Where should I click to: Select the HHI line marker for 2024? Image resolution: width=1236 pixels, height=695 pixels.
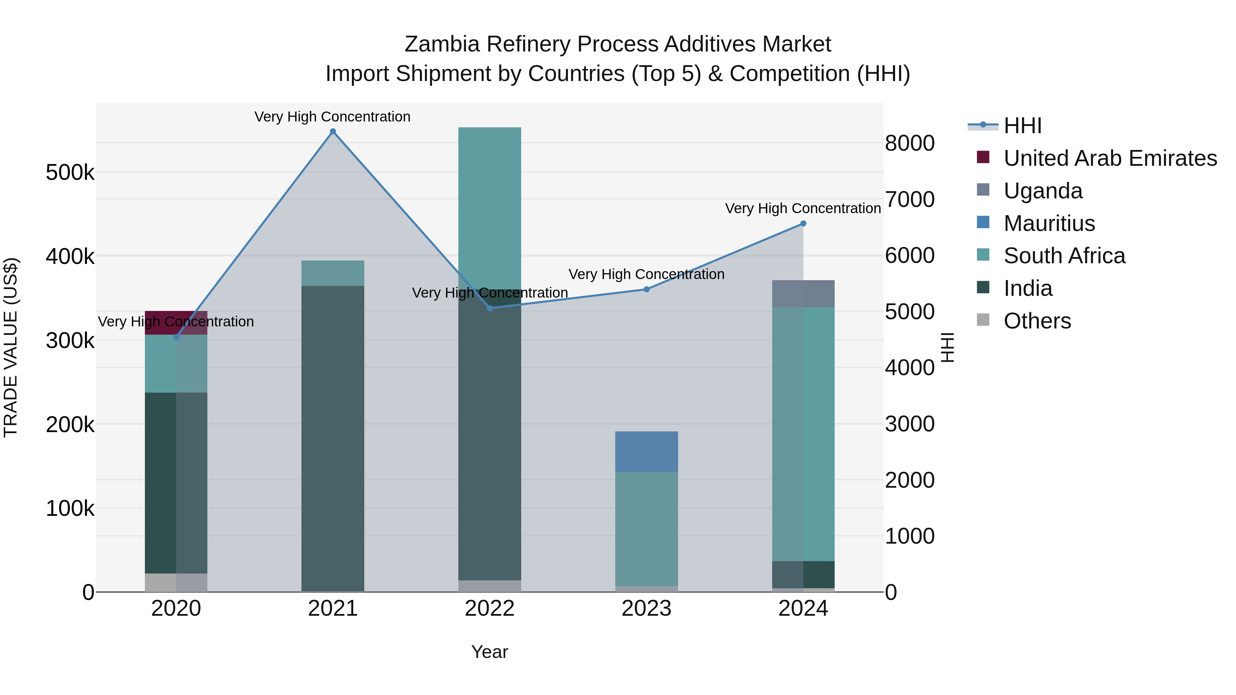coord(803,223)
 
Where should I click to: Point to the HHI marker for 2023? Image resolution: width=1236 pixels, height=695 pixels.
coord(646,289)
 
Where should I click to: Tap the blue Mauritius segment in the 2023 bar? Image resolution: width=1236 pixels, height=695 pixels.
coord(646,451)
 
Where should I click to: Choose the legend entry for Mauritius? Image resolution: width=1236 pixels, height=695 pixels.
coord(1049,223)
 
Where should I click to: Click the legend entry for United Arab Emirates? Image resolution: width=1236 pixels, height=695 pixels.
coord(1110,158)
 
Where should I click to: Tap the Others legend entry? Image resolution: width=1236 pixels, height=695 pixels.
coord(1037,321)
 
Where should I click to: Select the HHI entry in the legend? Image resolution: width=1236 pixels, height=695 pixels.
coord(1022,126)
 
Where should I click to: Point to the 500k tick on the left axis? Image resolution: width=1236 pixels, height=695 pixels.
coord(70,173)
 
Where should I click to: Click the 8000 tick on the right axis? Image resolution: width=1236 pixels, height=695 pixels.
coord(909,143)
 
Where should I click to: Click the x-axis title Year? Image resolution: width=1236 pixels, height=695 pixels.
coord(489,652)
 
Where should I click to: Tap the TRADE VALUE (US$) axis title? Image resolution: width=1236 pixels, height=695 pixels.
coord(11,347)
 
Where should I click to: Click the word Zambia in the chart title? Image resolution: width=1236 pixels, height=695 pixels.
coord(442,44)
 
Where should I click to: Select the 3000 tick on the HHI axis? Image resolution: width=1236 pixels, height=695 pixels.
coord(909,424)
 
